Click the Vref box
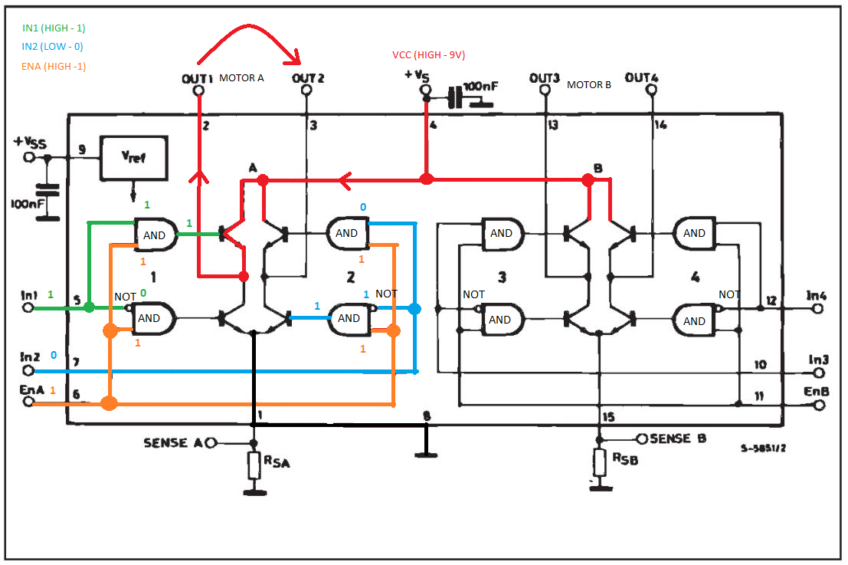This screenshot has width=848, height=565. (133, 158)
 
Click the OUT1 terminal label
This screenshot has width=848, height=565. (197, 79)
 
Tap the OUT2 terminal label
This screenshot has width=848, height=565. (308, 78)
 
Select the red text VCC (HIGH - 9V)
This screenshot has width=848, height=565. (429, 54)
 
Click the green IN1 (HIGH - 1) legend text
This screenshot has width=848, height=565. (54, 28)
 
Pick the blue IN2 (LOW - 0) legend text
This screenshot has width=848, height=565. (52, 47)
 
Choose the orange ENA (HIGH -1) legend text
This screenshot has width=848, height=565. (54, 66)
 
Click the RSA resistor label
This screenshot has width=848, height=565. (277, 462)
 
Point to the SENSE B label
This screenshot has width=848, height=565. (678, 439)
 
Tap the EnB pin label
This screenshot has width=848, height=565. (816, 391)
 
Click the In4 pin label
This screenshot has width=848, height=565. (816, 295)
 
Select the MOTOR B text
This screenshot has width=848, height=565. (589, 85)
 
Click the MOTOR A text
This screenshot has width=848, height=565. (242, 78)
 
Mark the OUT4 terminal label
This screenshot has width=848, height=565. (641, 78)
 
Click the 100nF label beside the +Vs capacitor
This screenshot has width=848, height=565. (481, 87)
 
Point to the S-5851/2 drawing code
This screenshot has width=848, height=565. (763, 448)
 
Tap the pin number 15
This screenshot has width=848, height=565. (608, 417)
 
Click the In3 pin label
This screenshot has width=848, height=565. (818, 360)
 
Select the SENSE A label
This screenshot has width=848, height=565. (173, 443)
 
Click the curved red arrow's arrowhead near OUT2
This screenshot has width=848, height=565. (293, 55)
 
